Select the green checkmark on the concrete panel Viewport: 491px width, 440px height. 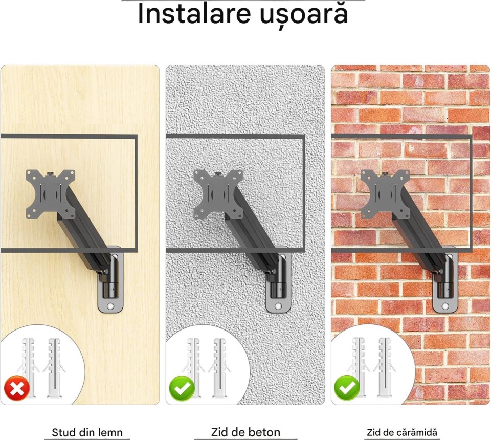click(x=182, y=389)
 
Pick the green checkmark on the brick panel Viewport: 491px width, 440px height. click(x=347, y=388)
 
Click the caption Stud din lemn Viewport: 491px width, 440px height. click(x=87, y=432)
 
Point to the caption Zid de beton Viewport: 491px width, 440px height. click(x=245, y=432)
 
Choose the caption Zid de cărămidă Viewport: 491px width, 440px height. click(x=402, y=432)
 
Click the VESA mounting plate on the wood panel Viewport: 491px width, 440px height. click(x=51, y=194)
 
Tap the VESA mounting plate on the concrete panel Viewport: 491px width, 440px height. click(x=218, y=194)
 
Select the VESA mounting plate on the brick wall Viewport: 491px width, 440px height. click(x=385, y=194)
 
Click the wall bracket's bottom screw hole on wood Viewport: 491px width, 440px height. click(x=110, y=306)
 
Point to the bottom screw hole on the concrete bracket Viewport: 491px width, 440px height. click(x=278, y=306)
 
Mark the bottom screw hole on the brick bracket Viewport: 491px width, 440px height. click(x=445, y=306)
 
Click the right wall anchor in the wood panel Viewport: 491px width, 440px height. click(x=55, y=367)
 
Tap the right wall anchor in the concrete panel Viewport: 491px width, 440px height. click(x=219, y=367)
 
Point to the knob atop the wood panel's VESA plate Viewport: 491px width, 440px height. click(x=50, y=173)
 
